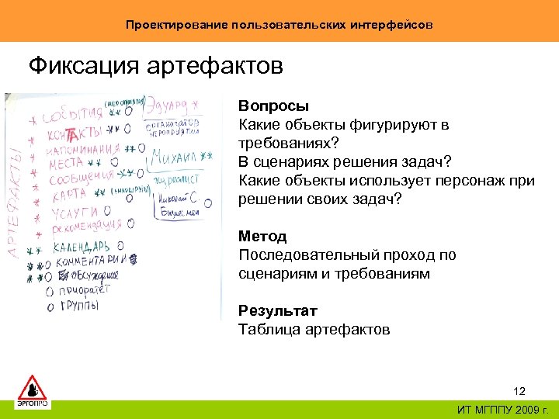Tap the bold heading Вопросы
tap(273, 106)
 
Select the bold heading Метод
tap(262, 237)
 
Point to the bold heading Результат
tap(278, 311)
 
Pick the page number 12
tap(519, 390)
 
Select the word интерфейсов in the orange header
tap(394, 25)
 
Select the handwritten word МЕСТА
tap(66, 164)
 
